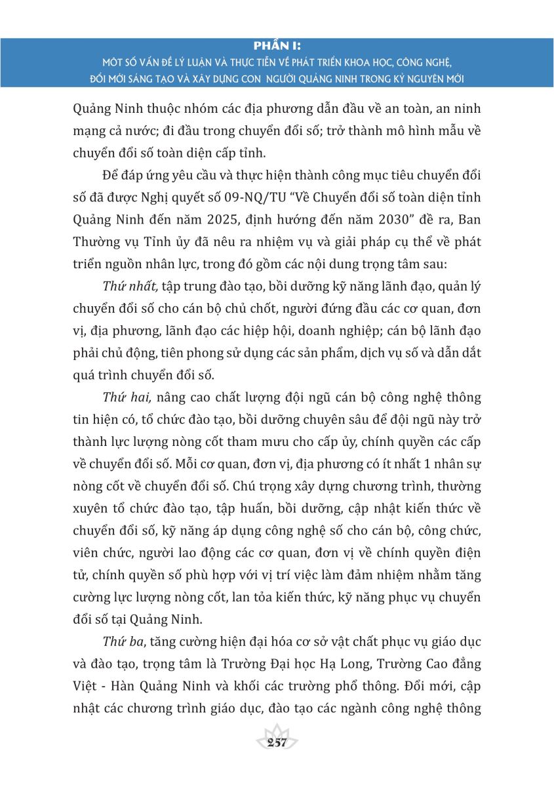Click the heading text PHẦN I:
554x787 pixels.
[277, 46]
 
